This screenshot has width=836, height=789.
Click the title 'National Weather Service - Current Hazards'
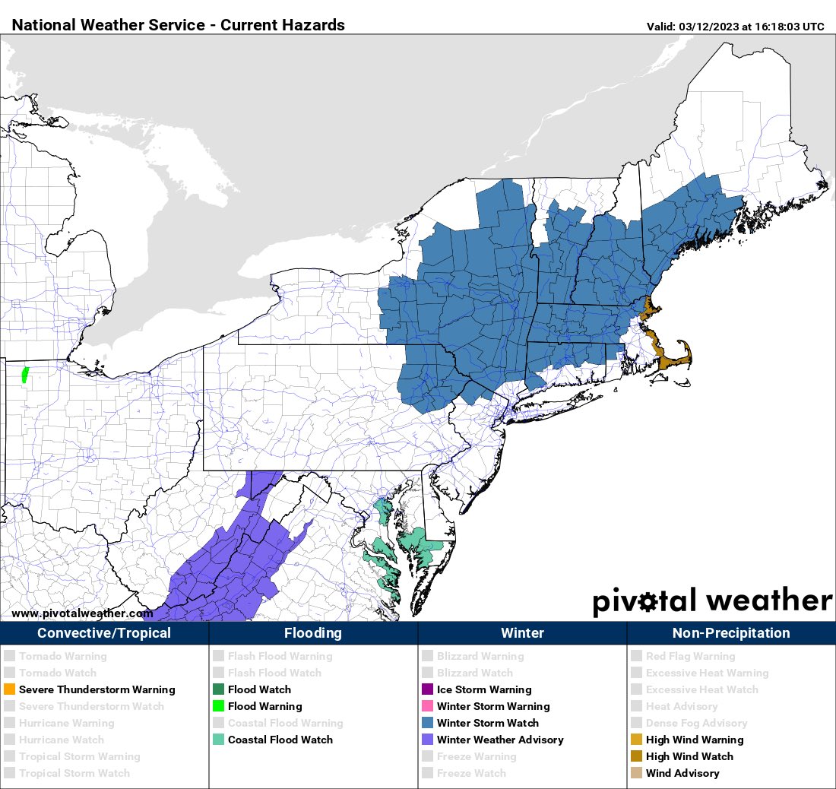[x=179, y=25]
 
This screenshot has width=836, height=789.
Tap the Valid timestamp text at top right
[x=735, y=27]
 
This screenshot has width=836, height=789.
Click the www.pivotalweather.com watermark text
[x=82, y=613]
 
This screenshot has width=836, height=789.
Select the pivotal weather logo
[x=712, y=600]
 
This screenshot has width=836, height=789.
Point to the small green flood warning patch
[x=24, y=375]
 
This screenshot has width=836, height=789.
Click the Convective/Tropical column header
[x=104, y=633]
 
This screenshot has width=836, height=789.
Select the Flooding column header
[x=313, y=633]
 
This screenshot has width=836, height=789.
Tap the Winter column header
[x=522, y=633]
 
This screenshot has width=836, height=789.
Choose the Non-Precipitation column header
[x=731, y=633]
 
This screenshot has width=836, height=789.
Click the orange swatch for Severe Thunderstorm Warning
[x=9, y=690]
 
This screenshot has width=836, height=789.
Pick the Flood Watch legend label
[x=259, y=690]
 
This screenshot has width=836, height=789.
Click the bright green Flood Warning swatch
[x=218, y=707]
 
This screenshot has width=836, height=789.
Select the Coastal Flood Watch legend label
[x=280, y=740]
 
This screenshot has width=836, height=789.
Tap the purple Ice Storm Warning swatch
[x=427, y=690]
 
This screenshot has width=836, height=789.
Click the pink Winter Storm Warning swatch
[x=427, y=707]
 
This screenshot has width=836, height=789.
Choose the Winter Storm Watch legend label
[x=487, y=724]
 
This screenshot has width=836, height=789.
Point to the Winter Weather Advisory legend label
[x=500, y=740]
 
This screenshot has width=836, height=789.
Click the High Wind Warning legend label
[x=695, y=740]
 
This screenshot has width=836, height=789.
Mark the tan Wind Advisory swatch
[x=636, y=774]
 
